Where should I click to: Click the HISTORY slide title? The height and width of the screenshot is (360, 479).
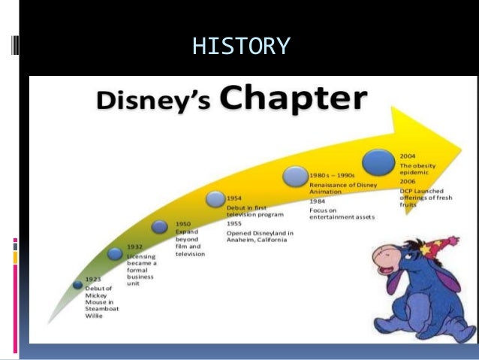[240, 47]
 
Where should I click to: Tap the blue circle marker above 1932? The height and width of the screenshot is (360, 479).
[115, 254]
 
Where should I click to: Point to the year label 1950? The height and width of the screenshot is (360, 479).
[183, 223]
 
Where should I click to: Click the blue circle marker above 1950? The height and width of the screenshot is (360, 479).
[160, 226]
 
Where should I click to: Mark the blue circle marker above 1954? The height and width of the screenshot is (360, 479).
[215, 199]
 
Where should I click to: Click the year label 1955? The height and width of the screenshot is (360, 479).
[235, 223]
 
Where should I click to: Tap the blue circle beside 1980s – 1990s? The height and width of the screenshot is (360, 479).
[294, 178]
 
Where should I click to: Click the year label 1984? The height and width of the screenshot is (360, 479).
[318, 201]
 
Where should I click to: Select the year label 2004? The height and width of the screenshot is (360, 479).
[410, 155]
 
